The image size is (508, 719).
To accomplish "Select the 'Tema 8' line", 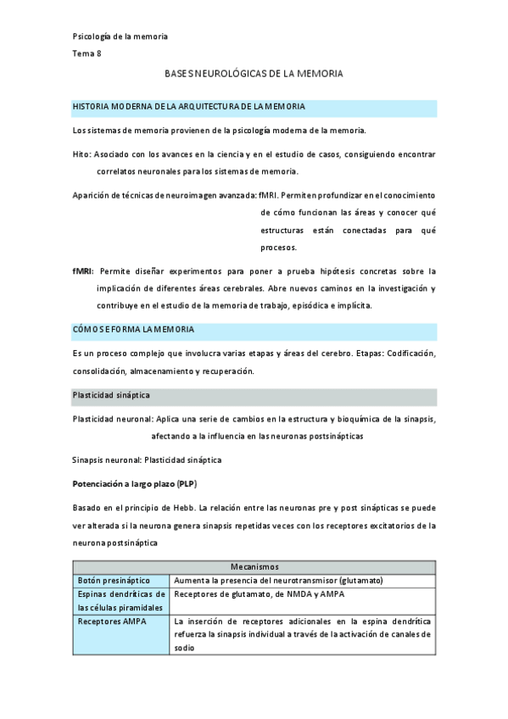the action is click(87, 53).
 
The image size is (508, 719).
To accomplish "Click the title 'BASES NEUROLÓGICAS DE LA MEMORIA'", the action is click(254, 75).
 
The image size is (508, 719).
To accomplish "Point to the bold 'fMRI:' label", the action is click(84, 272).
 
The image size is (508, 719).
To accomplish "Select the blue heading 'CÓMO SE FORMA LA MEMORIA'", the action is click(133, 329).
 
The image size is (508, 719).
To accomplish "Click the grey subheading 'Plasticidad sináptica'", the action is click(115, 396).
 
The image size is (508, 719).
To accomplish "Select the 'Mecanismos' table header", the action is click(254, 566).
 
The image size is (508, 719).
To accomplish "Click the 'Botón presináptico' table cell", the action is click(114, 580).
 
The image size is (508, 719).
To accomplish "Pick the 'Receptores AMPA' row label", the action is click(111, 621).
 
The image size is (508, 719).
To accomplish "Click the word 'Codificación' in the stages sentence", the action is click(411, 353).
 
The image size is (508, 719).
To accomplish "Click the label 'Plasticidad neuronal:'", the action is click(113, 420).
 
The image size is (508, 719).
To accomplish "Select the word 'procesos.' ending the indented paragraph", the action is click(278, 248).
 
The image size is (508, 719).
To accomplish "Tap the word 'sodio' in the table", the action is click(184, 649).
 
